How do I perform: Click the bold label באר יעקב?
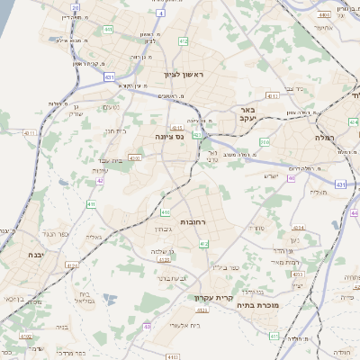coord(249,113)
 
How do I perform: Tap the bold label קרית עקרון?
coord(213,297)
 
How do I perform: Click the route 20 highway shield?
coord(75,7)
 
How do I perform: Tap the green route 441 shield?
coord(107,29)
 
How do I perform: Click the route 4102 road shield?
coord(134,157)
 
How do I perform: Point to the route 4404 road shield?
coord(322,15)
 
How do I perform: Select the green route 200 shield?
coord(264,142)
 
